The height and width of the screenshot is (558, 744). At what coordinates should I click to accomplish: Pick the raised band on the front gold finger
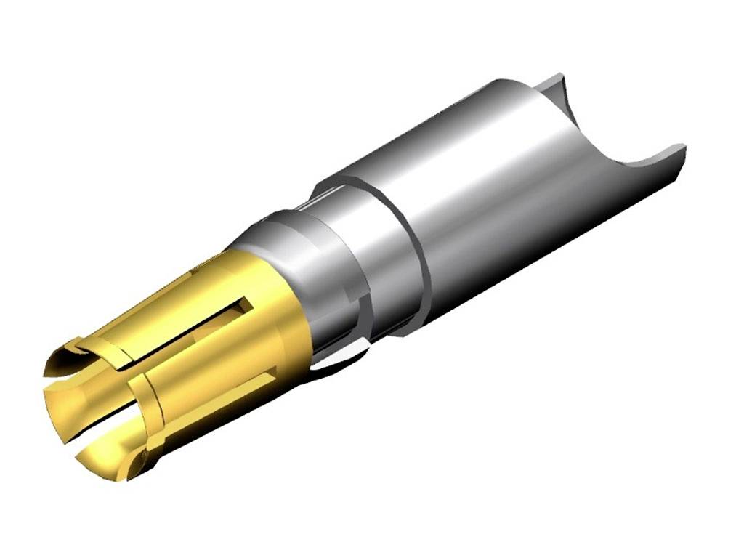pyautogui.click(x=156, y=407)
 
